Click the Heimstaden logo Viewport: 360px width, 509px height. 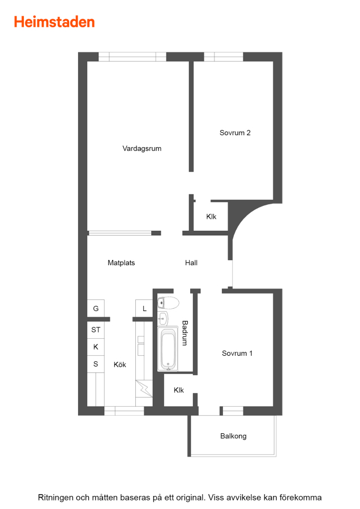tap(54, 22)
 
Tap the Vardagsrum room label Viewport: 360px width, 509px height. tap(142, 149)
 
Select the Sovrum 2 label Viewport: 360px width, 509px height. tap(235, 133)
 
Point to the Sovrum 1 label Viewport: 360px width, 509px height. tap(237, 353)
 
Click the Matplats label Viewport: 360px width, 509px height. tap(121, 263)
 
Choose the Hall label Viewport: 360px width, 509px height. tap(191, 263)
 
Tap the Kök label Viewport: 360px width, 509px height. tap(120, 365)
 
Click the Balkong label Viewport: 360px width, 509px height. tap(233, 436)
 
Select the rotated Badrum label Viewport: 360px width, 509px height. tap(185, 333)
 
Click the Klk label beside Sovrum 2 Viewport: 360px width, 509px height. tap(211, 217)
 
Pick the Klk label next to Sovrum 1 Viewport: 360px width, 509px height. tap(179, 390)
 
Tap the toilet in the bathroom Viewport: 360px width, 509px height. tap(168, 303)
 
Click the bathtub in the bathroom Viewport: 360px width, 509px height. tap(168, 349)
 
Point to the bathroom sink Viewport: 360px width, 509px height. tap(163, 318)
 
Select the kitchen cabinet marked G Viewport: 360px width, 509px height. tap(96, 308)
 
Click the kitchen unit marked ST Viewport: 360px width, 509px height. tap(96, 330)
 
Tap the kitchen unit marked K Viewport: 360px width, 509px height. tap(96, 347)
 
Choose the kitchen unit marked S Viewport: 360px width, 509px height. tap(96, 364)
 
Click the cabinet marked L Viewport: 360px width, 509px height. tap(144, 308)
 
